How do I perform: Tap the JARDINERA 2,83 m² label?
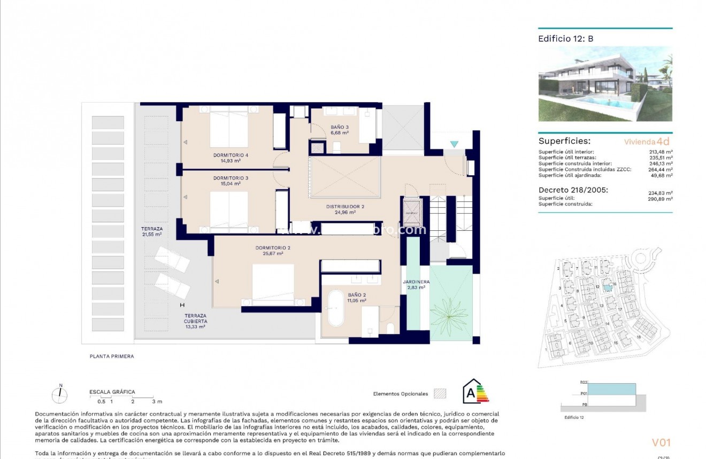tap(413, 284)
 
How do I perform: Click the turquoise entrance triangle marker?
tap(454, 144)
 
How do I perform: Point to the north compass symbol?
tap(60, 394)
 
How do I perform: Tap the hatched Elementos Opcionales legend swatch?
tap(440, 394)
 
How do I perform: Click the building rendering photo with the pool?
tap(605, 84)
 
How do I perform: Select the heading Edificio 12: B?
tap(565, 38)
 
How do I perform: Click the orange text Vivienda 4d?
tap(647, 142)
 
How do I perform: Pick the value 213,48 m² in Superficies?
tap(660, 152)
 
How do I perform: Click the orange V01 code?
tap(661, 442)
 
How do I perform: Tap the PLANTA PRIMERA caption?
tap(112, 356)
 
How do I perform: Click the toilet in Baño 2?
tap(390, 328)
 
